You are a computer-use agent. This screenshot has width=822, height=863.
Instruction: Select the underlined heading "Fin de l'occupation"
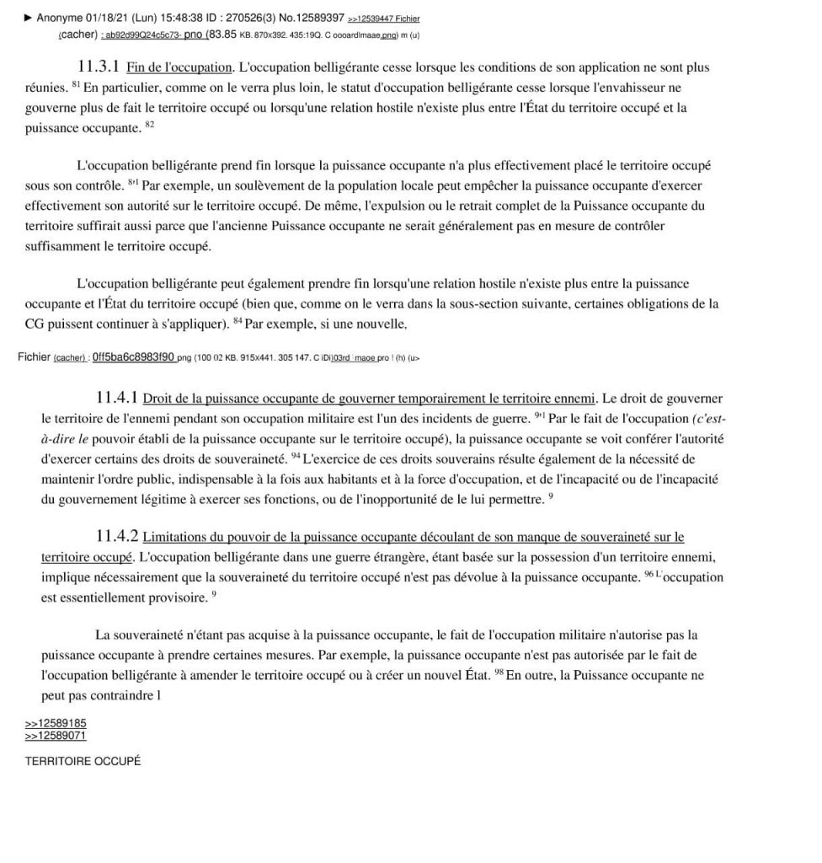pos(179,67)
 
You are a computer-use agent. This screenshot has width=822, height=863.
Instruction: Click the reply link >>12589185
pos(56,724)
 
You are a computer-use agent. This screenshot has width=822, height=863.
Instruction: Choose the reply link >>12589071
pos(56,736)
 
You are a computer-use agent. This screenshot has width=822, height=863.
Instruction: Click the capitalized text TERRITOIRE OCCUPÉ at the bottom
pos(83,761)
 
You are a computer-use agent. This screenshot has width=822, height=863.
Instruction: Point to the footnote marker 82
pos(150,125)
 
